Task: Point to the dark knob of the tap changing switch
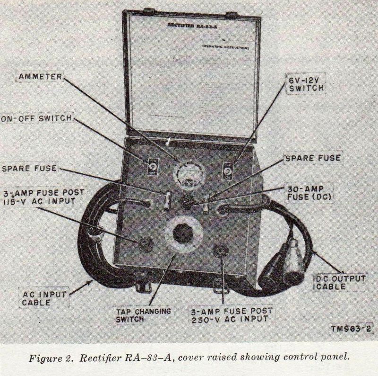pos(184,235)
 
